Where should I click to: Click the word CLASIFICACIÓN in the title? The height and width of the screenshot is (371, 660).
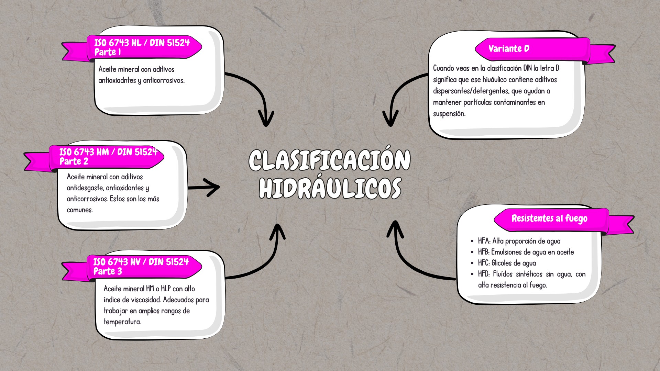(x=329, y=160)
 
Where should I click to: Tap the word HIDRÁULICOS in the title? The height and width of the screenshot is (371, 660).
(x=330, y=188)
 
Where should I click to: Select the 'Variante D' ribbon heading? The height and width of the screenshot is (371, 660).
(x=509, y=48)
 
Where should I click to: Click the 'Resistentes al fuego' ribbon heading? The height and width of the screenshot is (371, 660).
(x=549, y=218)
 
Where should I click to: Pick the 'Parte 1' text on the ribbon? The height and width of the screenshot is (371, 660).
(x=107, y=52)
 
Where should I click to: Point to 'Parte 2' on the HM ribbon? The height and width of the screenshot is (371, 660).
(x=74, y=161)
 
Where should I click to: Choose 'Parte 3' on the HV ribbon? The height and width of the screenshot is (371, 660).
(x=108, y=271)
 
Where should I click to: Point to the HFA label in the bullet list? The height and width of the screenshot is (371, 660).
(x=484, y=241)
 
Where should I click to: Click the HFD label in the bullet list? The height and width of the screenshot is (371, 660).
(x=484, y=274)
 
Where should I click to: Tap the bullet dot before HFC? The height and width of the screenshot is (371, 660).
(x=472, y=263)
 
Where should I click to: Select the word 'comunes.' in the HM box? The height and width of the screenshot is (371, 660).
(x=80, y=210)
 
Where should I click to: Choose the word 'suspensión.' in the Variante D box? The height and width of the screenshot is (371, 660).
(x=449, y=114)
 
